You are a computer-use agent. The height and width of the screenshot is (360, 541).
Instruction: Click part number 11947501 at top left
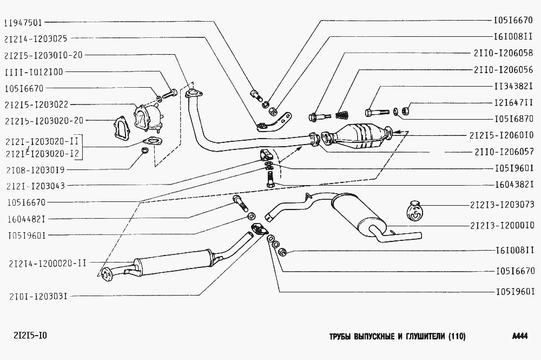[23, 23]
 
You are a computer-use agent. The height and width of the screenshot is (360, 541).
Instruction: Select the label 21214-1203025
[36, 38]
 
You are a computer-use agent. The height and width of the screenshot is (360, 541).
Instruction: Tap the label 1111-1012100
[34, 72]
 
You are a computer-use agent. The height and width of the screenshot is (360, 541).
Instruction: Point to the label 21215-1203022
[36, 104]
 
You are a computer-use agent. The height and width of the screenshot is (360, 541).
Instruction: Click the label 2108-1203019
[35, 170]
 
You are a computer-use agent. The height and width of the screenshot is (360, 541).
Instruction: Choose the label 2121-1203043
[36, 186]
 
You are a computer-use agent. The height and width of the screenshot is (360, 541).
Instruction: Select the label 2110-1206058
[504, 53]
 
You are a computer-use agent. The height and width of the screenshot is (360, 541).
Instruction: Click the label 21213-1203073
[502, 205]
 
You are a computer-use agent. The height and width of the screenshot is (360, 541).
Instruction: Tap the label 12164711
[514, 102]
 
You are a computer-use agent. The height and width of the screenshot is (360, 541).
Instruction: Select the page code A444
[519, 336]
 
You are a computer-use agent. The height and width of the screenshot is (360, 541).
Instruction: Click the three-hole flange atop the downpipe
[194, 94]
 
